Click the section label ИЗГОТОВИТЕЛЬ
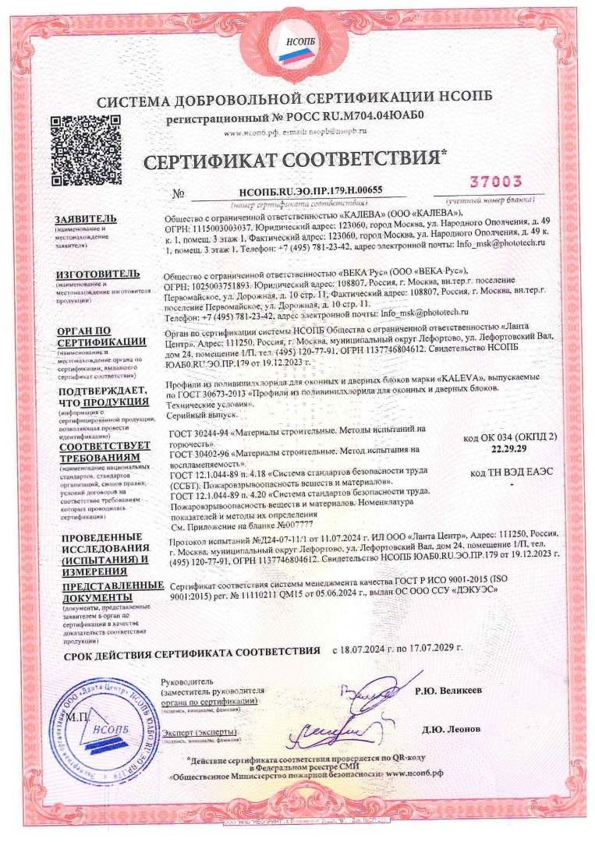point(97,274)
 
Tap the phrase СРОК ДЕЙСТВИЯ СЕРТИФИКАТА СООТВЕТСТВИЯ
point(191,648)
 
